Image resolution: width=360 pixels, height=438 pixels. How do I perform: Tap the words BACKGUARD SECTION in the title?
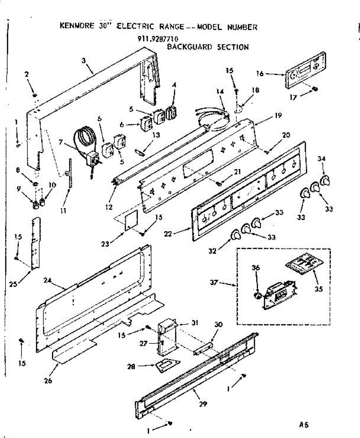pyautogui.click(x=208, y=47)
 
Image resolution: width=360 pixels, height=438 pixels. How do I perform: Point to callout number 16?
pyautogui.click(x=260, y=74)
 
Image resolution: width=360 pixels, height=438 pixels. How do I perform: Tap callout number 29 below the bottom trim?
pyautogui.click(x=203, y=404)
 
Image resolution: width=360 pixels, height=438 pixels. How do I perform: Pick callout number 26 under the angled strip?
pyautogui.click(x=48, y=381)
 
